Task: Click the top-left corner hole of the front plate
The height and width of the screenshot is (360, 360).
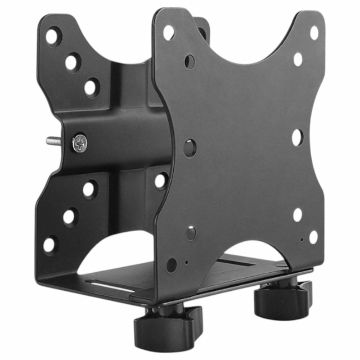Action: pos(168,33)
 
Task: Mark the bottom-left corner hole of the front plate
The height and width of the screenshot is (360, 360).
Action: pos(172,265)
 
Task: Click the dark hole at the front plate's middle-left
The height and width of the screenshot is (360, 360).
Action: pos(190,148)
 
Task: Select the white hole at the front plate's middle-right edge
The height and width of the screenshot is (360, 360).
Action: pos(296,137)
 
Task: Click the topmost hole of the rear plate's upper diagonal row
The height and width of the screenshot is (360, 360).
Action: pos(52,37)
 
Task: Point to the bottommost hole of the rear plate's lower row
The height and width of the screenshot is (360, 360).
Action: pos(50,245)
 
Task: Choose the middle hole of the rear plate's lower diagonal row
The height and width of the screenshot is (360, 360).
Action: pos(70,217)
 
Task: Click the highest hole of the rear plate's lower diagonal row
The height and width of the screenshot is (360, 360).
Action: pos(89,190)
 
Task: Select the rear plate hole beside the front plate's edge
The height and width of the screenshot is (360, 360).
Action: pos(161,181)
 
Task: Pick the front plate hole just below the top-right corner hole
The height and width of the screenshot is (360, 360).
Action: pos(297,58)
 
